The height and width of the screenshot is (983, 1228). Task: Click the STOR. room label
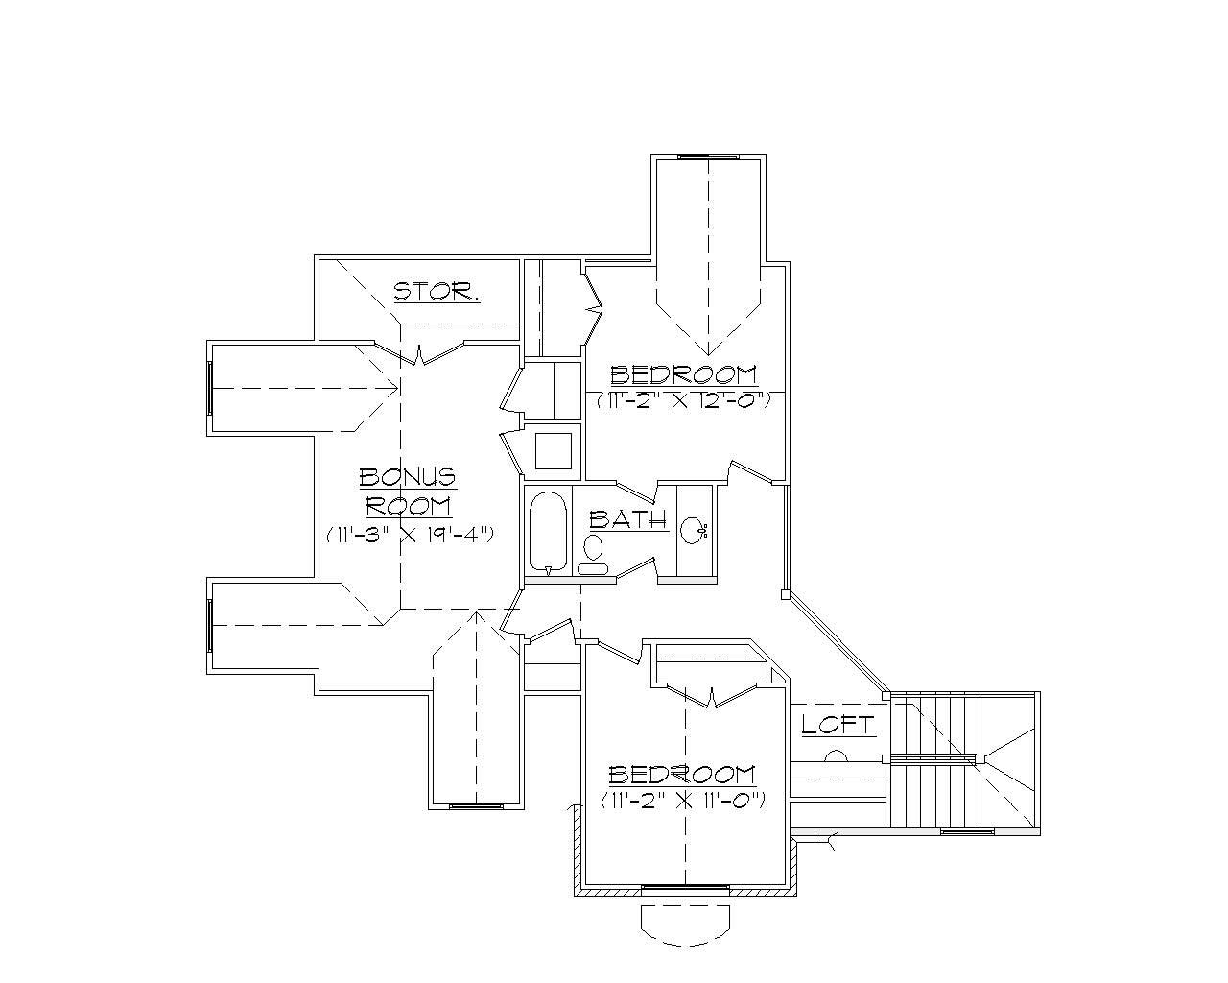437,292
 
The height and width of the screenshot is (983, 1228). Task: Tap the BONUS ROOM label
408,491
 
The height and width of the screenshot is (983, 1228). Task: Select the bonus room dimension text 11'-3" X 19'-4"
410,535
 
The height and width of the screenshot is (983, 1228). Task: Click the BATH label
627,520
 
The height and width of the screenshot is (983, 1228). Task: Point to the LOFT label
838,725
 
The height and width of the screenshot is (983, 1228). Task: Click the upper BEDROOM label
683,374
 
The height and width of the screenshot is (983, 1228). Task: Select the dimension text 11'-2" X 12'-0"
684,401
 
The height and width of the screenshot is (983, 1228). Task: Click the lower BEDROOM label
682,775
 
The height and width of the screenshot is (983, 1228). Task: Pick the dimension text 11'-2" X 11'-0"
682,800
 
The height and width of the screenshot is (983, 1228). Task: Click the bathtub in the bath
549,532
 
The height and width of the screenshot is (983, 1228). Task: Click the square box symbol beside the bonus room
553,450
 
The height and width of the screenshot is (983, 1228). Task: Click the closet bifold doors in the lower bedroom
711,694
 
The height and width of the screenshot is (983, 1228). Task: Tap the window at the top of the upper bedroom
708,156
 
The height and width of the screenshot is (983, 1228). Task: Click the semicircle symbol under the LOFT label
836,755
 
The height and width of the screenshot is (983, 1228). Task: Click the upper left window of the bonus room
209,388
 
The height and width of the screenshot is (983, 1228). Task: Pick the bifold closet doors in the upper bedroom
593,309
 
